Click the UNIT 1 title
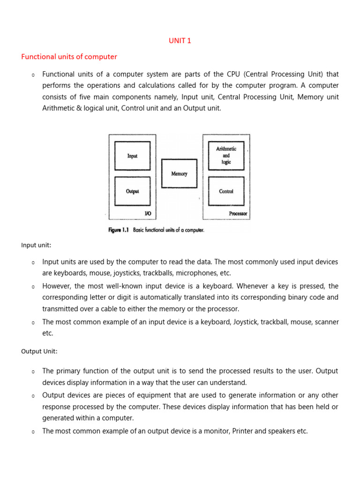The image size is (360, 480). coord(180,41)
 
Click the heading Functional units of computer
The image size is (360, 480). coord(69,57)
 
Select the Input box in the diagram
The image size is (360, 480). coord(132,156)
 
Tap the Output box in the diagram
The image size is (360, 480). coord(132,191)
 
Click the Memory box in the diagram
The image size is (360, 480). coord(179,173)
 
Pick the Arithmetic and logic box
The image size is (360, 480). coord(226,155)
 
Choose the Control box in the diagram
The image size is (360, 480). coord(226,191)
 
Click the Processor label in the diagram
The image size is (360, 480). coord(238,214)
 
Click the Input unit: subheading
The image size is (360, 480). coord(36,245)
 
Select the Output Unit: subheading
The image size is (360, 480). coord(39,351)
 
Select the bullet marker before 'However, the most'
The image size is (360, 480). coord(33,286)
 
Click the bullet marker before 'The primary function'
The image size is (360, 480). coord(33,372)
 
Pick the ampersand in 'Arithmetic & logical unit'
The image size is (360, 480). coord(77,108)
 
